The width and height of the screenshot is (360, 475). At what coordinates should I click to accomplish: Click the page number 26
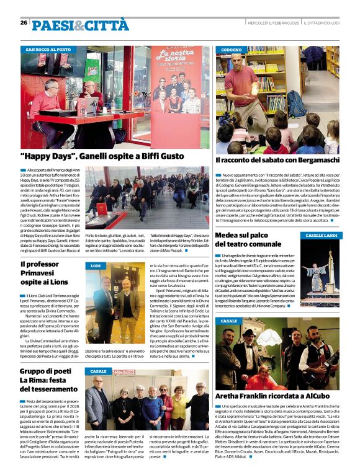[24, 22]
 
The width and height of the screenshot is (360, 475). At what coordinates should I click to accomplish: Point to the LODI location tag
[96, 265]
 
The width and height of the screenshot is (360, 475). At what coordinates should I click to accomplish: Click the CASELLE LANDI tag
[320, 236]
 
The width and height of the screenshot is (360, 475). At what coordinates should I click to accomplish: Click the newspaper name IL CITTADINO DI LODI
[322, 23]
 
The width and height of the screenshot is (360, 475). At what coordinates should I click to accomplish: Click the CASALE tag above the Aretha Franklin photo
[229, 321]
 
